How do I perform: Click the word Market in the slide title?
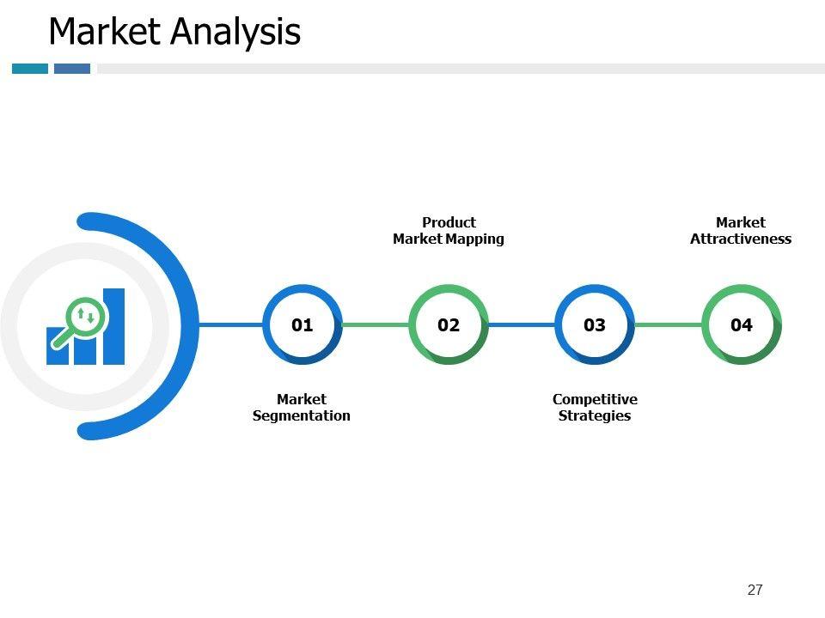point(105,33)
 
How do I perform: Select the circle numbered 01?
point(302,324)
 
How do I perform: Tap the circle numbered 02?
point(449,324)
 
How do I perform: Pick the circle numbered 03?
point(595,324)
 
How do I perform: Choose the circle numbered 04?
point(742,324)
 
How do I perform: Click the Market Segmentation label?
point(302,408)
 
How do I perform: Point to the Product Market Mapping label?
point(448,230)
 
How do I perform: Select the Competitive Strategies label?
point(595,408)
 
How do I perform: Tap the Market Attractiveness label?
point(741,230)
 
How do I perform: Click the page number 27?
point(755,590)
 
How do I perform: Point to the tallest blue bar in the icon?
point(113,326)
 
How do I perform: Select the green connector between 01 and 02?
point(376,324)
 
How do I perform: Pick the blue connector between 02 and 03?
point(522,324)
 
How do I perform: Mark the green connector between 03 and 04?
point(668,324)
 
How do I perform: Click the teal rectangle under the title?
point(30,69)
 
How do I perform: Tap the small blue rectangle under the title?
point(72,69)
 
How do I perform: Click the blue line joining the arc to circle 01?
point(230,324)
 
